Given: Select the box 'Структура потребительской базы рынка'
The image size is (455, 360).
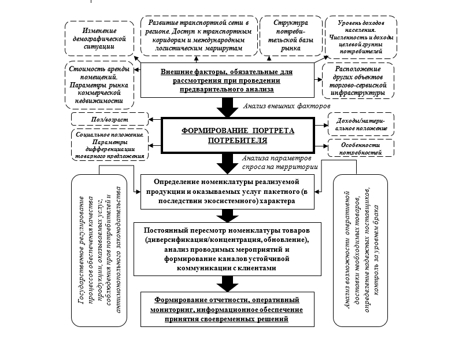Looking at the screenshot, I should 287,36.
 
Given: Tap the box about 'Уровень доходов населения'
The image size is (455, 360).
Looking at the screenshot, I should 361,36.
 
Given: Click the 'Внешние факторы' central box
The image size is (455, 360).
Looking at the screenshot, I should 226,80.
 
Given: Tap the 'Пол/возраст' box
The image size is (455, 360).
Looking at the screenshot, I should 109,120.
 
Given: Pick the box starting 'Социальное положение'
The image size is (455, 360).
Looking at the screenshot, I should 108,145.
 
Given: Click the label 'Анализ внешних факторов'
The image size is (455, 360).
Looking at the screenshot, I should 287,107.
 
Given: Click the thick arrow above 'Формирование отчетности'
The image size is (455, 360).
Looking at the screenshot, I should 226,283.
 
